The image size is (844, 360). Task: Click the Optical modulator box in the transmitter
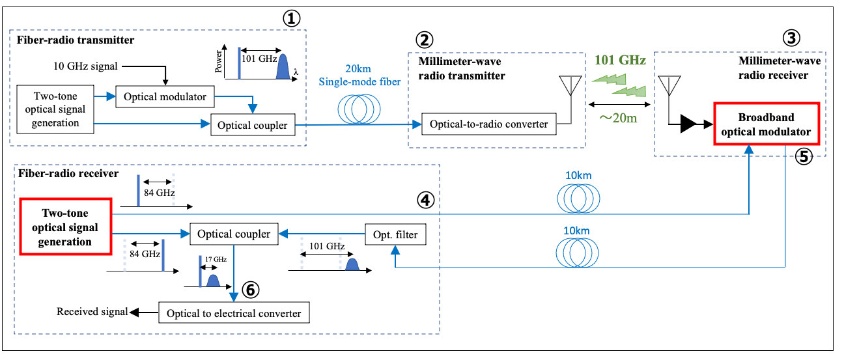point(165,97)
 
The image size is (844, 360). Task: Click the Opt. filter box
point(395,233)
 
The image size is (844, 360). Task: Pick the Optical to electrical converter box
point(234,313)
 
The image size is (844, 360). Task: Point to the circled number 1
point(290,18)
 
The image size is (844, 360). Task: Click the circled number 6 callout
point(249,288)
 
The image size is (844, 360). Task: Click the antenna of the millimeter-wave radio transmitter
point(570,85)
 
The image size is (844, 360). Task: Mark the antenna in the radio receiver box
point(667,85)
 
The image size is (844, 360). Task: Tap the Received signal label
point(92,312)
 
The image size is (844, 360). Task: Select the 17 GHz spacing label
point(216,260)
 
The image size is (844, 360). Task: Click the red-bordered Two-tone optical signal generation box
point(65,228)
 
